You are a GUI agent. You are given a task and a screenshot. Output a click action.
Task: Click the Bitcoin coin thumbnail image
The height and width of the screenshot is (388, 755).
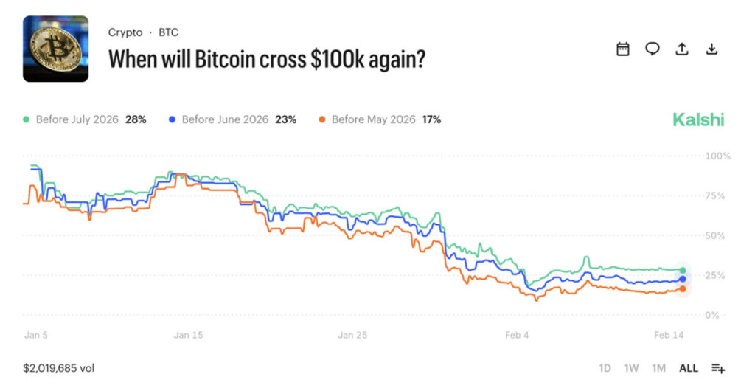pyautogui.click(x=55, y=49)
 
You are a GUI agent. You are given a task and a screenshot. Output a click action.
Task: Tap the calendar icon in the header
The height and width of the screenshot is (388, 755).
pyautogui.click(x=623, y=49)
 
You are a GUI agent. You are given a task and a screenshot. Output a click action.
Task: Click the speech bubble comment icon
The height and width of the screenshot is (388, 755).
pyautogui.click(x=653, y=49)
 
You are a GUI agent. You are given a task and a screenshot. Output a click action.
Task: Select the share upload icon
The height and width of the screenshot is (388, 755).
pyautogui.click(x=682, y=49)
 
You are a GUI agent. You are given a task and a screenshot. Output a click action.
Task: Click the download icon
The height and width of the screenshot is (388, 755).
pyautogui.click(x=711, y=49)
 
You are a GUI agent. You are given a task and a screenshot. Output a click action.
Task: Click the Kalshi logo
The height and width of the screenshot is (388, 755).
pyautogui.click(x=697, y=119)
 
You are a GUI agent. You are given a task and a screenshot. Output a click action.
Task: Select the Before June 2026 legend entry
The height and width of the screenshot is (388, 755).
pyautogui.click(x=232, y=119)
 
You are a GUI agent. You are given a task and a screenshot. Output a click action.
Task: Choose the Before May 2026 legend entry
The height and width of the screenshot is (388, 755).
pyautogui.click(x=379, y=119)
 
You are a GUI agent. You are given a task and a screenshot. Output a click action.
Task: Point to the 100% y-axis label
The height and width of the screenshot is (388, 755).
pyautogui.click(x=717, y=156)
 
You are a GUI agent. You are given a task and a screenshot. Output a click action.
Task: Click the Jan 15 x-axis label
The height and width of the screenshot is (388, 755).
pyautogui.click(x=188, y=335)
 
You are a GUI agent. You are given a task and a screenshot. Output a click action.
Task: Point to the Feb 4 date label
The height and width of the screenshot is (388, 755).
pyautogui.click(x=517, y=335)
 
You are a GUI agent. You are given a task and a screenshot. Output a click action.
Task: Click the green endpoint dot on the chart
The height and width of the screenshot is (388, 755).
pyautogui.click(x=683, y=271)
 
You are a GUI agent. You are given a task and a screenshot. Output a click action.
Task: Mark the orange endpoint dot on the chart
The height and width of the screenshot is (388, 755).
pyautogui.click(x=683, y=288)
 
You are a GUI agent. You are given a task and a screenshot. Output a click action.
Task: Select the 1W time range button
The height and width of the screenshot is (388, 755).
pyautogui.click(x=631, y=368)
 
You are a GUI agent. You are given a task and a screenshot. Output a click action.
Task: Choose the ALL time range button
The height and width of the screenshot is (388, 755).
pyautogui.click(x=688, y=368)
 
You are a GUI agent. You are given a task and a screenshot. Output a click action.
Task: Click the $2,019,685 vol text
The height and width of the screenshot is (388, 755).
pyautogui.click(x=58, y=368)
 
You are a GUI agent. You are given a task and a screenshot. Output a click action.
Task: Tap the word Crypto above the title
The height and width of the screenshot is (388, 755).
pyautogui.click(x=125, y=32)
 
